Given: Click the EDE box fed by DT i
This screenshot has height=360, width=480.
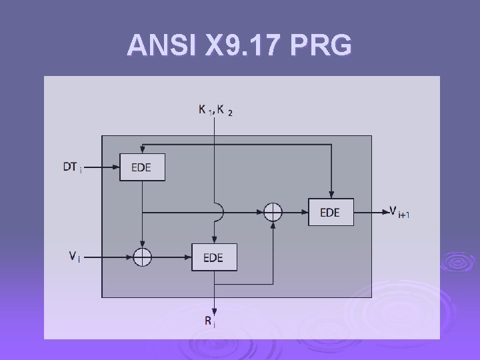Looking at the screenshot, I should pyautogui.click(x=142, y=167).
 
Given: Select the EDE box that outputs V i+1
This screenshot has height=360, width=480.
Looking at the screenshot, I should pyautogui.click(x=331, y=212).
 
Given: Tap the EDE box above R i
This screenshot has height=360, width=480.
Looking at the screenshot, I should pyautogui.click(x=214, y=257).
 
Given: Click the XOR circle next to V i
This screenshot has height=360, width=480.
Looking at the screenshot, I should pyautogui.click(x=142, y=257).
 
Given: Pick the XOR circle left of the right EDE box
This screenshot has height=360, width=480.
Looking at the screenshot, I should pyautogui.click(x=273, y=212).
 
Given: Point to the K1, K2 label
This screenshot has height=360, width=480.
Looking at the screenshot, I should pyautogui.click(x=215, y=111).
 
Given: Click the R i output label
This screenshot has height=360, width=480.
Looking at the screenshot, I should pyautogui.click(x=209, y=321).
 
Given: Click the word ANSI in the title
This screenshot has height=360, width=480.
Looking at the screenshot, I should pyautogui.click(x=161, y=45).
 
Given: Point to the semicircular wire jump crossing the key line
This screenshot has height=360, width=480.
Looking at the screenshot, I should pyautogui.click(x=218, y=212).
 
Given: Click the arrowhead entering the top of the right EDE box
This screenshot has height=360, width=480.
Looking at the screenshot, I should pyautogui.click(x=331, y=194).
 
